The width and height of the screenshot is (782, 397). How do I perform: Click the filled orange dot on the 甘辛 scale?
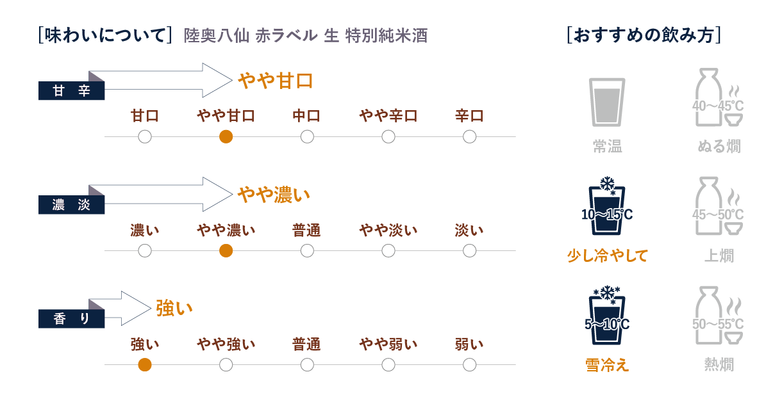coord(226,137)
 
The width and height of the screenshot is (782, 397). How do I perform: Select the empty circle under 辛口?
coord(470,137)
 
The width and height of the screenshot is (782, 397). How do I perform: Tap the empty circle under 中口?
coord(307,137)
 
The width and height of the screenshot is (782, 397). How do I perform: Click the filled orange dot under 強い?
coord(145,365)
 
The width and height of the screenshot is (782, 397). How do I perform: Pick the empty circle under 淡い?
coord(470,251)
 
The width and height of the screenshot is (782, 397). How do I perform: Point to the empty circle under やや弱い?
coord(388,365)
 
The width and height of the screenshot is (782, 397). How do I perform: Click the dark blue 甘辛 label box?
coord(72,91)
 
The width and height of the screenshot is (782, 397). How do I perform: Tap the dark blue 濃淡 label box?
coord(72,205)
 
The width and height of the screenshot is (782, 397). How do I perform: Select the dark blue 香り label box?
coord(72,319)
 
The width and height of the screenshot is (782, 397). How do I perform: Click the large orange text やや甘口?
coord(276,81)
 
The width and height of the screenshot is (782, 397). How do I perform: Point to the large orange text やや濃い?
coord(274,195)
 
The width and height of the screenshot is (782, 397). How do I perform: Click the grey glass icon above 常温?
coord(607,102)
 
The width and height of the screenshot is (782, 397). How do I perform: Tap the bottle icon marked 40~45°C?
coord(718,97)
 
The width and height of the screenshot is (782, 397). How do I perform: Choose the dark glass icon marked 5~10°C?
coord(607,316)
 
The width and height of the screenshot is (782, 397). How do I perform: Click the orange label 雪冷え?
coord(607,365)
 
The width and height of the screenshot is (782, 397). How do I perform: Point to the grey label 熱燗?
coord(719,364)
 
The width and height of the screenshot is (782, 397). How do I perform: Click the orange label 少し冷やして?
coord(608,255)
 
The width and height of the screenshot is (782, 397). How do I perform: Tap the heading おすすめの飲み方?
coord(644,35)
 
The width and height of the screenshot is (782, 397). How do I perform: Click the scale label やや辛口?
coord(388,116)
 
